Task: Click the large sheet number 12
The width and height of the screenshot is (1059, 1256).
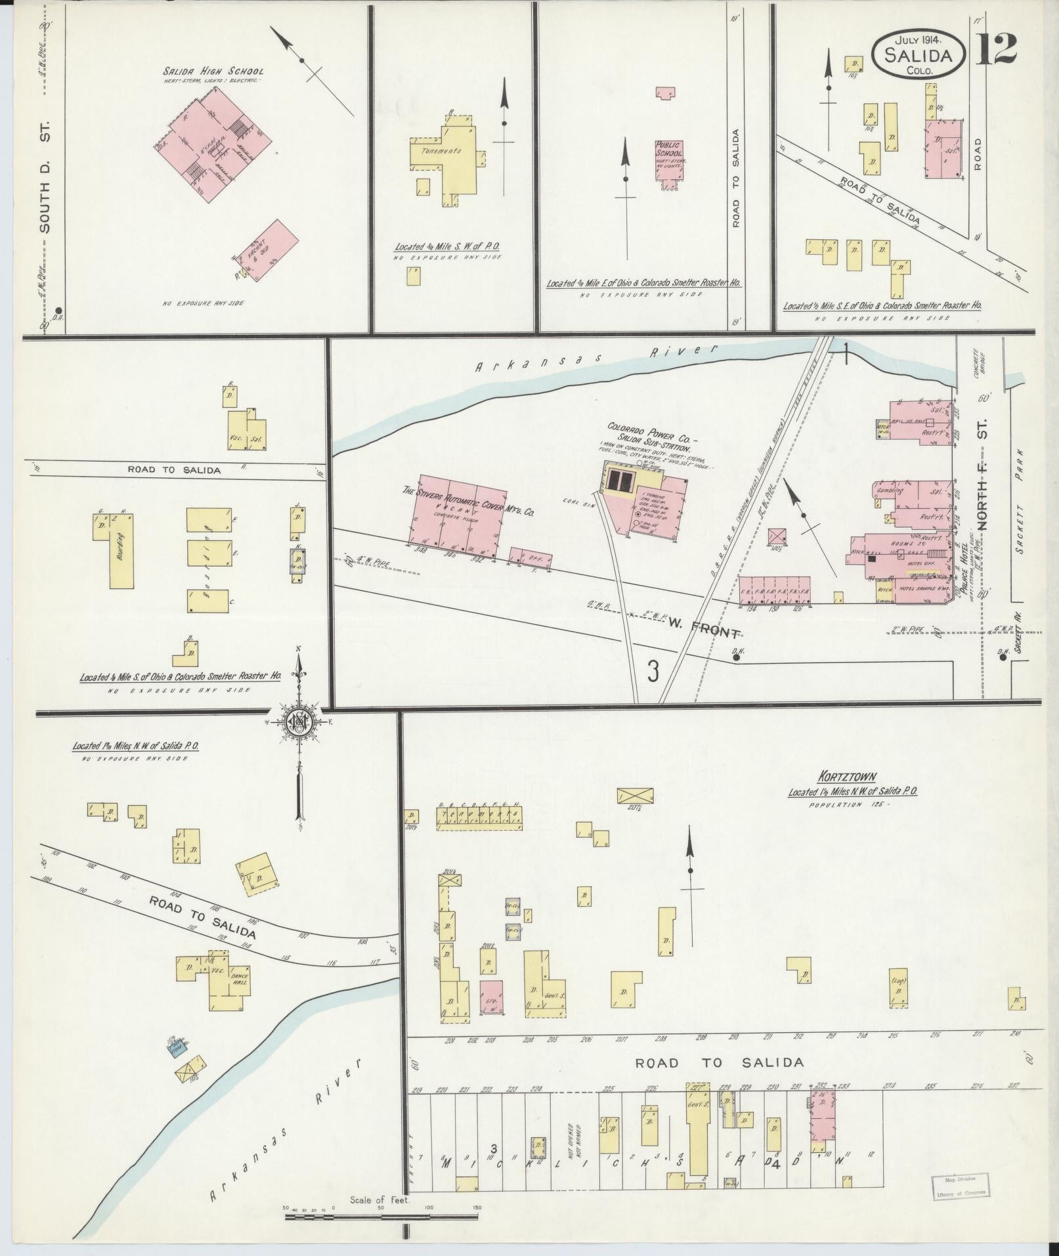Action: tap(996, 47)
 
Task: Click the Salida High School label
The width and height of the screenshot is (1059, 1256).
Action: tap(213, 71)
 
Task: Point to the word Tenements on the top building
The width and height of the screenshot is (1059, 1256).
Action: tap(441, 150)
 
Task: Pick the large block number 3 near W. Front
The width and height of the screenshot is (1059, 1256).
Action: tap(653, 671)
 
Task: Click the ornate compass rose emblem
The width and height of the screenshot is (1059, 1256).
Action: tap(299, 723)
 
